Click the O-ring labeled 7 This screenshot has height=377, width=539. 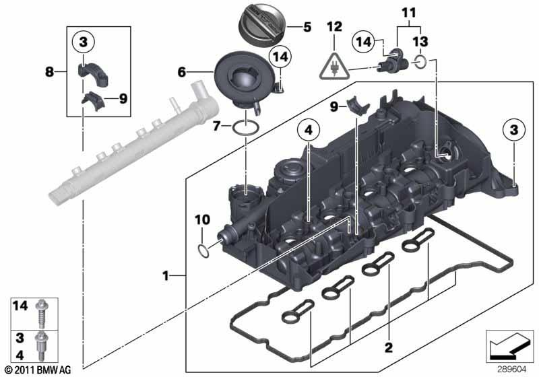tap(247, 126)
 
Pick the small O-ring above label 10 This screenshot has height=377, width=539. tap(201, 251)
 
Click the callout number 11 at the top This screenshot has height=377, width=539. tap(408, 12)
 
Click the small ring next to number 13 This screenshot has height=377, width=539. tap(420, 63)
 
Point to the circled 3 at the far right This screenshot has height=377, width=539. tap(514, 129)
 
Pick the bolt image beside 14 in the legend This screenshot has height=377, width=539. tap(42, 310)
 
